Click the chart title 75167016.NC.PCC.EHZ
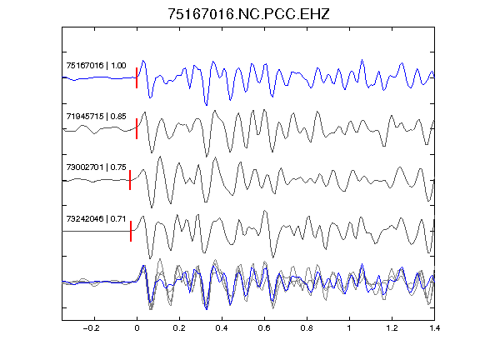pyautogui.click(x=248, y=14)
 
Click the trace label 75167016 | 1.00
pyautogui.click(x=96, y=66)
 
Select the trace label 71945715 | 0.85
pyautogui.click(x=96, y=117)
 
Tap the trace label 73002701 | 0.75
pyautogui.click(x=96, y=167)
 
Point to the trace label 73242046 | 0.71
pyautogui.click(x=96, y=218)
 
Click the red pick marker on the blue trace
pyautogui.click(x=137, y=77)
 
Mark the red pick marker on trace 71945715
pyautogui.click(x=137, y=128)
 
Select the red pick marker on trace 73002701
pyautogui.click(x=130, y=180)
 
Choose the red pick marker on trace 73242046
pyautogui.click(x=131, y=231)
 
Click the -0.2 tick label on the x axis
pyautogui.click(x=92, y=328)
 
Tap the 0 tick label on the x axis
pyautogui.click(x=137, y=328)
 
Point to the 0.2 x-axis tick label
pyautogui.click(x=179, y=328)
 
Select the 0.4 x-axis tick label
pyautogui.click(x=222, y=328)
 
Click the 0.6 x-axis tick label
pyautogui.click(x=264, y=328)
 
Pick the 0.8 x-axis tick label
pyautogui.click(x=307, y=328)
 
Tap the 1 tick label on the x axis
pyautogui.click(x=349, y=328)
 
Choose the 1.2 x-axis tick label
pyautogui.click(x=392, y=328)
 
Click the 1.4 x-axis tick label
pyautogui.click(x=434, y=328)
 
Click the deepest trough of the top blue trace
pyautogui.click(x=207, y=105)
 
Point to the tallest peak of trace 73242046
pyautogui.click(x=265, y=211)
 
